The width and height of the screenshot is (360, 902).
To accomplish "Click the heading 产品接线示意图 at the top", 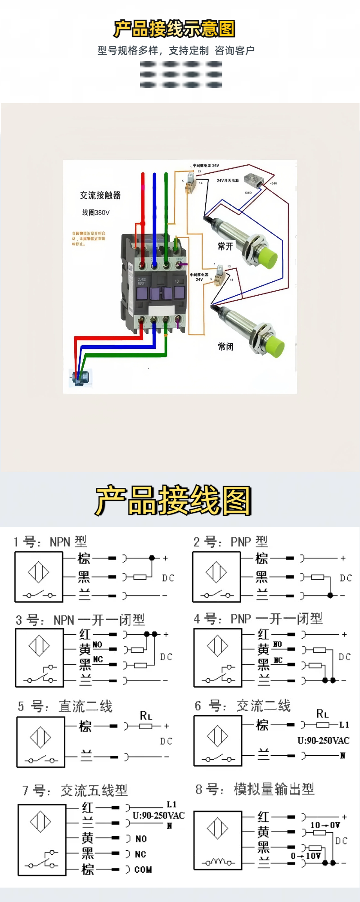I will click(174, 29).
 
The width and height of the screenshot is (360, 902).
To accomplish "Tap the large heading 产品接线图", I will click(173, 501).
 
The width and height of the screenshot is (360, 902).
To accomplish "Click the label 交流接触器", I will click(100, 195).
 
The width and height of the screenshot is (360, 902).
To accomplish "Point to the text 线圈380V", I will click(96, 212).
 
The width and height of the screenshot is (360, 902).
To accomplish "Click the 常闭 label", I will click(226, 347).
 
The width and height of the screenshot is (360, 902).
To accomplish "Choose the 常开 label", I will click(225, 246).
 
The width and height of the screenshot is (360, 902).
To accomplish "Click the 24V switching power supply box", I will click(253, 180).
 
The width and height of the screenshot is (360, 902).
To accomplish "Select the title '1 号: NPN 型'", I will click(50, 541).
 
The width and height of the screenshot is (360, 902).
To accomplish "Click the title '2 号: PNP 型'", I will click(230, 541).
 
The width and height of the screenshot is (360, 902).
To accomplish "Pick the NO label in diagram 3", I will click(98, 645).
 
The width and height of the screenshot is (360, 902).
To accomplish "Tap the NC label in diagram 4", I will click(278, 660).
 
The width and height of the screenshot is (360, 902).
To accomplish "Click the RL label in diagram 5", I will click(146, 716).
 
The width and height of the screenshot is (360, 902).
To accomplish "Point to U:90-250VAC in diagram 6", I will click(323, 740).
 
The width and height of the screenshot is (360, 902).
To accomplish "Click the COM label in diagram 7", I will click(143, 870).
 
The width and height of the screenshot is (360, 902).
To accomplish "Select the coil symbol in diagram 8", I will click(218, 862).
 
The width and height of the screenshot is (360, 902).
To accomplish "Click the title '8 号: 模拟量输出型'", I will click(255, 789).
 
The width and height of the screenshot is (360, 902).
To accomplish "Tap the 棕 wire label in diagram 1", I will click(84, 559).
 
